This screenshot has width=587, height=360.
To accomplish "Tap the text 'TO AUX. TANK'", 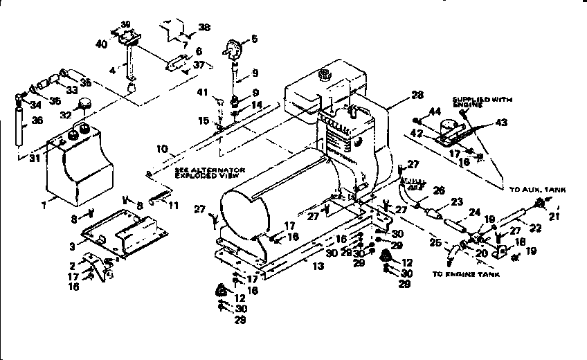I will coord(537,189).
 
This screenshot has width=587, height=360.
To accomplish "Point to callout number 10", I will coord(161,148).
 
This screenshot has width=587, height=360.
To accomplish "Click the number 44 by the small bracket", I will coord(435,111).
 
